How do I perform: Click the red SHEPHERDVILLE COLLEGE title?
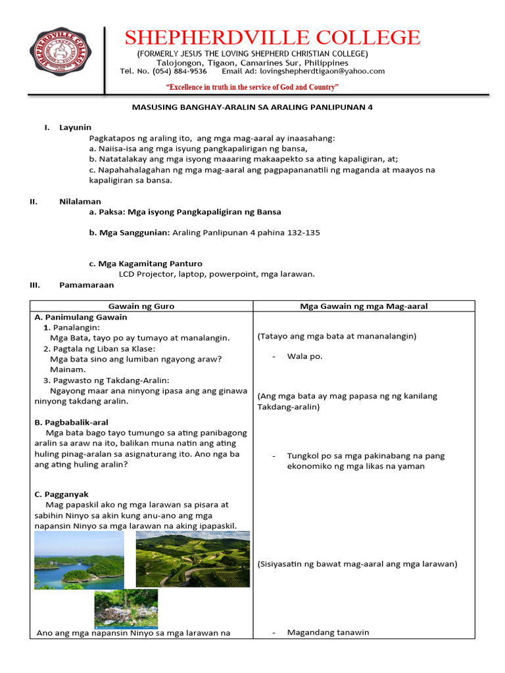(x=272, y=37)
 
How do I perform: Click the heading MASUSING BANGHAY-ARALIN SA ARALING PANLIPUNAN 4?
(x=252, y=106)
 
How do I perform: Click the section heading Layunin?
(x=76, y=127)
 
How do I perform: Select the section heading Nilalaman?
(x=80, y=202)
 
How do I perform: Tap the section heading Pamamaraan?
(x=86, y=285)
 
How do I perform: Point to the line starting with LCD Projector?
(x=216, y=275)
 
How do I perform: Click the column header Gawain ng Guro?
(x=141, y=306)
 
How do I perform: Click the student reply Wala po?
(x=304, y=356)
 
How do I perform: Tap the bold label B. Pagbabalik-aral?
(x=72, y=423)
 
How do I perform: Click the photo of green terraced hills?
(x=193, y=559)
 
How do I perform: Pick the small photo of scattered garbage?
(x=126, y=608)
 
